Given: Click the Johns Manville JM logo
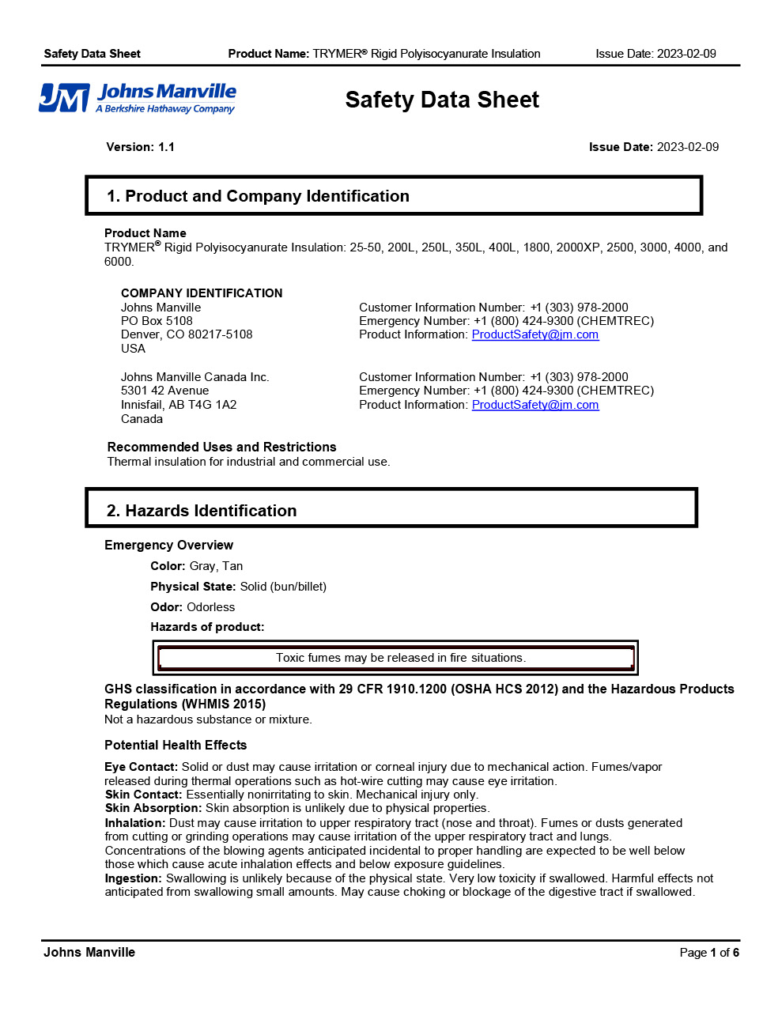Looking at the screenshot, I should pos(138,99).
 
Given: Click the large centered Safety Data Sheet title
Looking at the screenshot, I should pos(442,100).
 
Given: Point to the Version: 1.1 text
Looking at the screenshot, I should pos(141,147).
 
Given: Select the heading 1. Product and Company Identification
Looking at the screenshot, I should pos(258,196).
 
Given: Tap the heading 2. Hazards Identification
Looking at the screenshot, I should pos(202,511).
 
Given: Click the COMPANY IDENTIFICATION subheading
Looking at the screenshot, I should pos(202,293).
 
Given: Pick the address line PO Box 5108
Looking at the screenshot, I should pos(157,321).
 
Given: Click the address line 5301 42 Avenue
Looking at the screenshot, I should pos(164,391).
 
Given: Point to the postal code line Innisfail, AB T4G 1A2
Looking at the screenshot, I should pos(179,405).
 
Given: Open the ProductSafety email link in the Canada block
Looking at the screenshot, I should pos(535,405).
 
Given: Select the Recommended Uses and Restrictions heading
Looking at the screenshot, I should pos(221,447).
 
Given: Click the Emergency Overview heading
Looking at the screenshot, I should pos(168,546).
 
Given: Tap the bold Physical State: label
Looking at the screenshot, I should pos(193,587).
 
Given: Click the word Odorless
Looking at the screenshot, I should pos(211,607).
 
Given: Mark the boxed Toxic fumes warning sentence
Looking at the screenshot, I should pos(400,658).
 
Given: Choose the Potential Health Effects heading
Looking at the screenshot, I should pos(176,746).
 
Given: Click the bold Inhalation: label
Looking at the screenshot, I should pos(135,823).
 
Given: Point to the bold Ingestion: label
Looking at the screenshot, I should pos(133,878).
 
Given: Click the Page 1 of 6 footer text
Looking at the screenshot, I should pos(709,953).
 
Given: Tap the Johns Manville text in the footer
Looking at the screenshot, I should pos(89,953).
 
